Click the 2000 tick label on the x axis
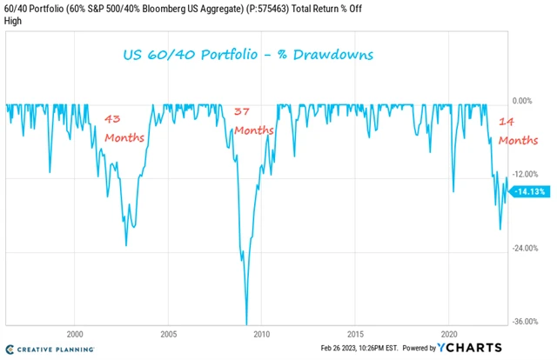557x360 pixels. click(x=75, y=334)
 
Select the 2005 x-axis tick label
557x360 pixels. click(x=169, y=334)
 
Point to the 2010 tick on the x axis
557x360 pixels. click(x=262, y=334)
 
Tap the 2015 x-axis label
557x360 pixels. click(x=356, y=334)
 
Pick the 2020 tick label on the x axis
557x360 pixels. click(x=450, y=334)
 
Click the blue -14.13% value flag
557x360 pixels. click(x=529, y=191)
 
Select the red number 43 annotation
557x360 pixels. click(x=114, y=118)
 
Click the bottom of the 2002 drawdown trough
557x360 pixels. click(x=126, y=245)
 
